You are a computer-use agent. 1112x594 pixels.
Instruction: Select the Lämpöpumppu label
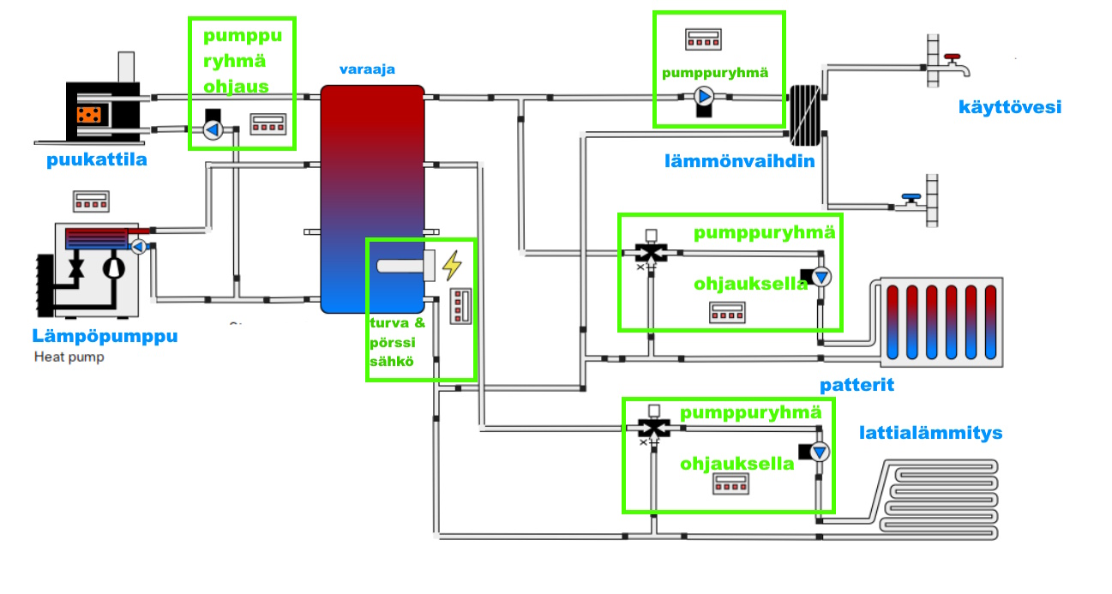tap(105, 335)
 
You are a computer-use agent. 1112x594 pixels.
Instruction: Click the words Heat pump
tap(69, 357)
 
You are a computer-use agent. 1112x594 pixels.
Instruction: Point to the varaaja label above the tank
tap(368, 69)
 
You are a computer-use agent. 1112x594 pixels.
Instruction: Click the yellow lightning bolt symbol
tap(452, 265)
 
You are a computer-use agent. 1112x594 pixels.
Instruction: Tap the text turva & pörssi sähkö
tap(397, 342)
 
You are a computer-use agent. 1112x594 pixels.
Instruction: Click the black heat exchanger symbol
tap(805, 113)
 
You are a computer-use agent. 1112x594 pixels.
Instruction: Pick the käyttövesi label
tap(1011, 107)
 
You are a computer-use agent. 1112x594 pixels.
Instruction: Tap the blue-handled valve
tap(911, 201)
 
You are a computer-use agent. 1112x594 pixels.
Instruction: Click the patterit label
tap(857, 385)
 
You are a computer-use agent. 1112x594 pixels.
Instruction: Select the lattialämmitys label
tap(930, 433)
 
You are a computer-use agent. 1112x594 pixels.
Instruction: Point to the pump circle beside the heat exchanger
tap(704, 97)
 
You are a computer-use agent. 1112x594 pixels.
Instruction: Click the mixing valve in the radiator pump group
tap(652, 252)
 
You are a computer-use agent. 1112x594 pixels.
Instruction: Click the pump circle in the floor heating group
tap(820, 452)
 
